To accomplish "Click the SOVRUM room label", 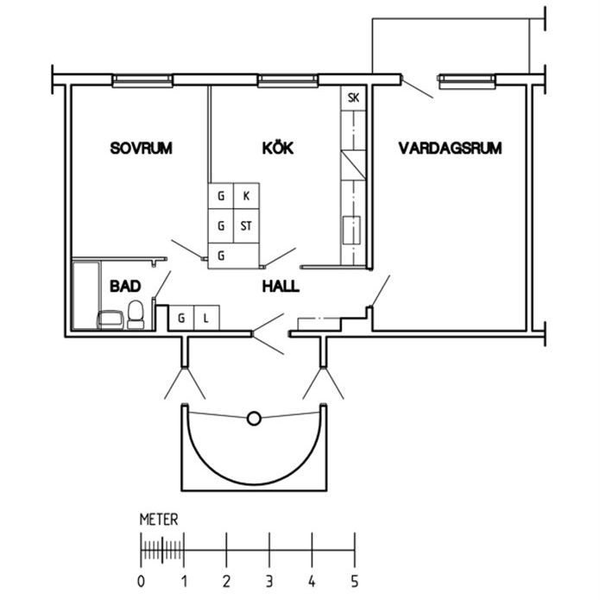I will click(141, 148).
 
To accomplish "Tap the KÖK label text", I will click(277, 148).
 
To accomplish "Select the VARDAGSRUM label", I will click(450, 148).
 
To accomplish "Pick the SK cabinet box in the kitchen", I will click(353, 98).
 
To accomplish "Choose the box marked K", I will click(246, 196).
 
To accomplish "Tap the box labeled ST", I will click(246, 226).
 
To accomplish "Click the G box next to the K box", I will click(221, 196).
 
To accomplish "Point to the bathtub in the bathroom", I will click(85, 294).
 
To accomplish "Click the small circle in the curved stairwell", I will click(254, 419).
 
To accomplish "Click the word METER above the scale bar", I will click(159, 520).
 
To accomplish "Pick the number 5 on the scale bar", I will click(354, 579).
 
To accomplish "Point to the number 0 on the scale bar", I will click(142, 579).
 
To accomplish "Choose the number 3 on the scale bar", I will click(269, 579).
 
